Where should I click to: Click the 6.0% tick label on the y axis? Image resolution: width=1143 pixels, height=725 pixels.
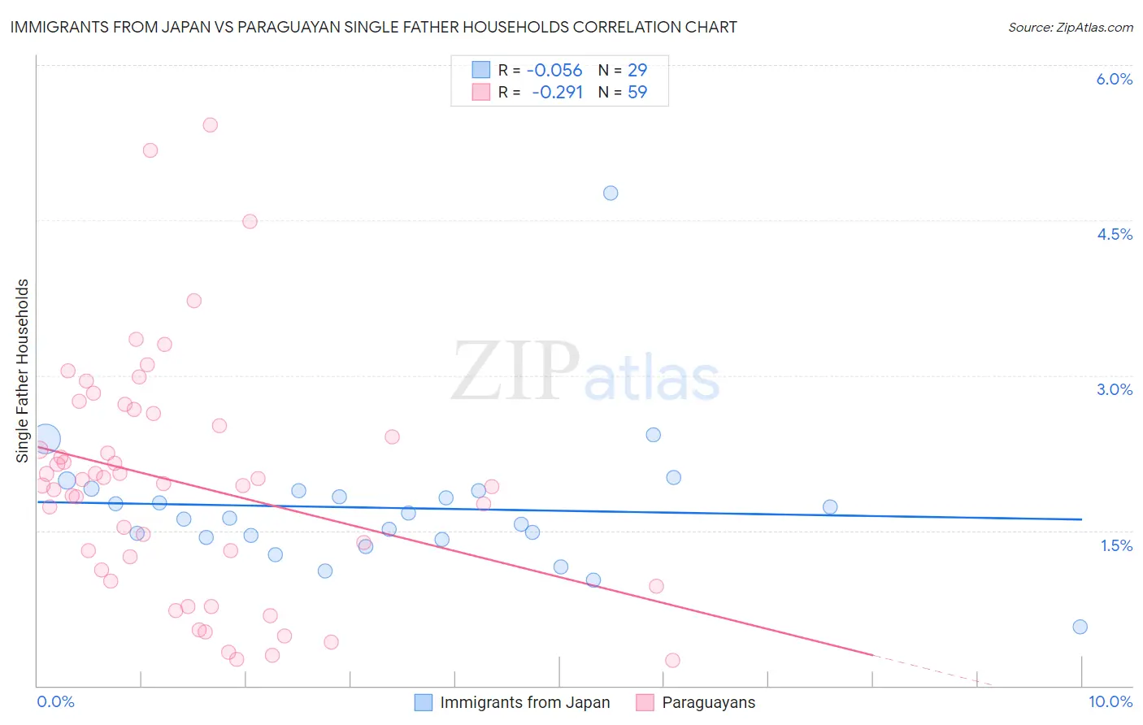[x=1114, y=79]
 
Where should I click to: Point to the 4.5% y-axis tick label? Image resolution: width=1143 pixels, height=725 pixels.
[x=1114, y=234]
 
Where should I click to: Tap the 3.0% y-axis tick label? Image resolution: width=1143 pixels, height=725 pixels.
[x=1114, y=389]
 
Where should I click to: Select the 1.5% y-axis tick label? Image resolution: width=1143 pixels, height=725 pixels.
[x=1116, y=545]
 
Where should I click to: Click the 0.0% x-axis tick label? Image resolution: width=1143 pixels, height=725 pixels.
[x=55, y=701]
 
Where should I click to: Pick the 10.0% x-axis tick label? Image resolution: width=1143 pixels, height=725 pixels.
[x=1110, y=701]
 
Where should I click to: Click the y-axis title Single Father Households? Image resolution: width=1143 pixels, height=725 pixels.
[x=22, y=371]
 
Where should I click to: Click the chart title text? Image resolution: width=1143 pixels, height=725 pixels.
[x=373, y=27]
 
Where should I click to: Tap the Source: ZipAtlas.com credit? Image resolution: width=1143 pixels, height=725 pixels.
[x=1070, y=27]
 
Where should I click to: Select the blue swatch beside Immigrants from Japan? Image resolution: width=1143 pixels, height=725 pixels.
[x=424, y=702]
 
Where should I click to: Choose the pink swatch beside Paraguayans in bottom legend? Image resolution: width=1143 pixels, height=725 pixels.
[x=645, y=702]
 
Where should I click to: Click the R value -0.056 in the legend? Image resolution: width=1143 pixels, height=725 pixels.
[x=554, y=71]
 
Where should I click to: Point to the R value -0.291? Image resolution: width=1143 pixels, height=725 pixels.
[x=557, y=92]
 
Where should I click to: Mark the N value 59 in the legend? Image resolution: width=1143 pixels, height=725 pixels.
[x=637, y=92]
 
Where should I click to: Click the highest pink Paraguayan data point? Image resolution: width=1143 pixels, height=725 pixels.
[x=210, y=125]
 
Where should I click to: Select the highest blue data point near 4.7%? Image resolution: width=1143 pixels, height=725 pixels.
[x=611, y=193]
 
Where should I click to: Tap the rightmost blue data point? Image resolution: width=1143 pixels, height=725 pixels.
[x=1080, y=627]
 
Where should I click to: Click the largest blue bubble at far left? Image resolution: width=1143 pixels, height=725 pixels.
[x=46, y=439]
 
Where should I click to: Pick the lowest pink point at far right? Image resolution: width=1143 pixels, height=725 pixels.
[x=672, y=660]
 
